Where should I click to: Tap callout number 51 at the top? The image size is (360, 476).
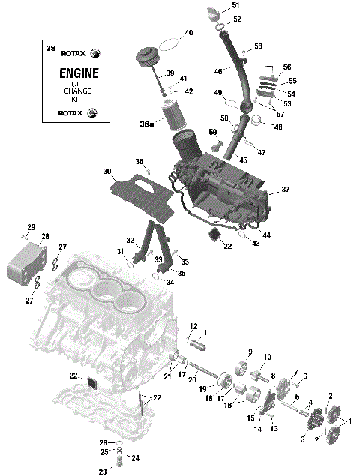(236, 6)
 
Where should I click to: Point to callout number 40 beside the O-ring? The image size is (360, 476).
(188, 33)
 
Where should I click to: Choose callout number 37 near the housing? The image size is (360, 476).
(285, 190)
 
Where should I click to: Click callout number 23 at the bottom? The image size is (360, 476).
(103, 472)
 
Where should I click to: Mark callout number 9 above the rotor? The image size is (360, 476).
(249, 352)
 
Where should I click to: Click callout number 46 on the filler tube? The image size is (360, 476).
(218, 71)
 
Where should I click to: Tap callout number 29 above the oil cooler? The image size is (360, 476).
(31, 227)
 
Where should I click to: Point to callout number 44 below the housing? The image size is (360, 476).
(266, 235)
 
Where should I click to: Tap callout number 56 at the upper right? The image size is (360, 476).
(286, 67)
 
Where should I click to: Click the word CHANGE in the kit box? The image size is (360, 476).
(76, 90)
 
